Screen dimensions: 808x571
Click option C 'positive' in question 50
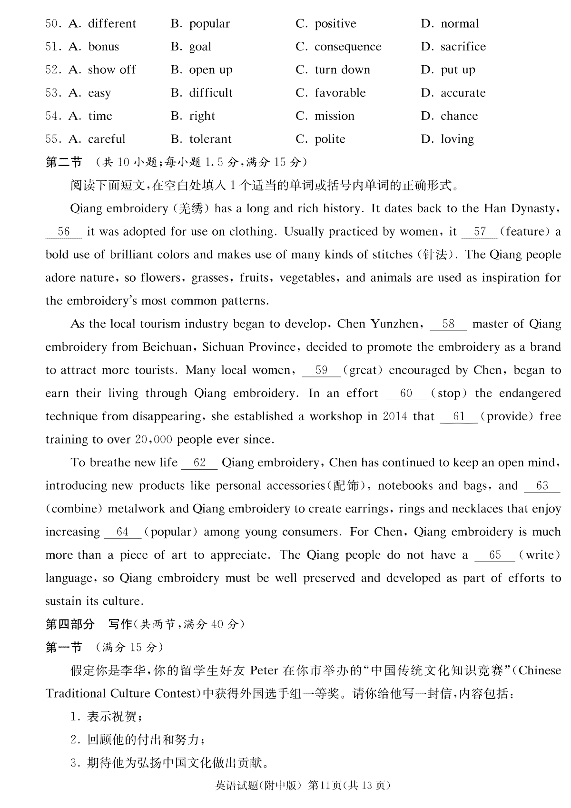pos(335,24)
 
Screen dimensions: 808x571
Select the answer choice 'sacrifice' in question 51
pos(463,47)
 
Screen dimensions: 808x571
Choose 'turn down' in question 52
pos(342,70)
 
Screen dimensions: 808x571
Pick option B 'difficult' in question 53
pos(210,93)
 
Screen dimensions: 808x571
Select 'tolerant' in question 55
pos(210,139)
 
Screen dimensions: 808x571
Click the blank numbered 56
pos(63,232)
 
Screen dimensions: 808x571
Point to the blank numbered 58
pos(448,325)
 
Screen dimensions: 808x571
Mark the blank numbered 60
pos(406,394)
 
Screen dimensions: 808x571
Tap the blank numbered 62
pos(199,463)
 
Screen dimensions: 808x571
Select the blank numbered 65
pos(495,555)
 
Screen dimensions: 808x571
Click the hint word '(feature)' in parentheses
pos(524,232)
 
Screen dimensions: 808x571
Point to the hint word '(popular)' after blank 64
pos(171,532)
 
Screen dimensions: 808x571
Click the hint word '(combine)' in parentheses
pos(74,509)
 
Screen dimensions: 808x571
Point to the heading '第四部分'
pos(70,624)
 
